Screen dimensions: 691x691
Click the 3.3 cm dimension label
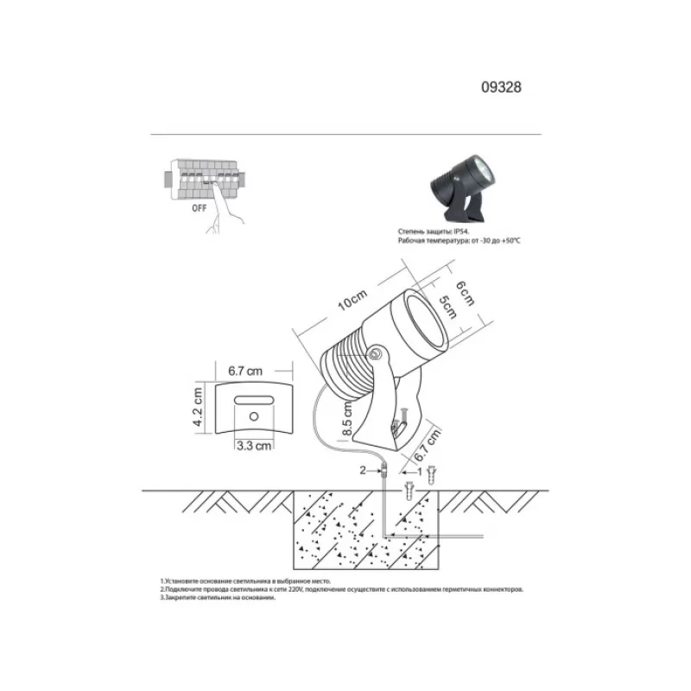(x=255, y=447)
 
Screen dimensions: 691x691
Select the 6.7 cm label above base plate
(x=245, y=371)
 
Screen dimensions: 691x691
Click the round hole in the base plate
(x=254, y=417)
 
